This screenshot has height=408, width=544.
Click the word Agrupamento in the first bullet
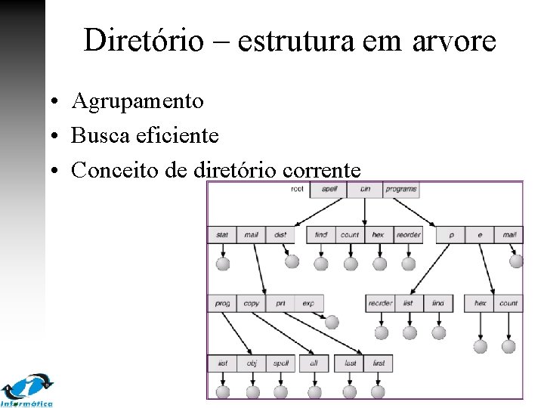click(137, 100)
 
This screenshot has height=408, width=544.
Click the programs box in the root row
click(401, 189)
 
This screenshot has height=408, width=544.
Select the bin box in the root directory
click(365, 189)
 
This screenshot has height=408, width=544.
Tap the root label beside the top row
click(297, 189)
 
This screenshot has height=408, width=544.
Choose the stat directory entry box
click(222, 235)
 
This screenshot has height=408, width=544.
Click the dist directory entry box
click(280, 235)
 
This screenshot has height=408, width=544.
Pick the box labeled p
click(451, 235)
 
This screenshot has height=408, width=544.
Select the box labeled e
click(480, 235)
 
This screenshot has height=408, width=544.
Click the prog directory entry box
click(222, 304)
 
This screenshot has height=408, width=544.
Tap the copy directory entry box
click(252, 304)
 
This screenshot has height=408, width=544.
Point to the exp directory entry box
click(308, 304)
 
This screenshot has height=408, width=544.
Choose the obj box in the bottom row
click(252, 363)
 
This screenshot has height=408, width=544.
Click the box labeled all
click(314, 363)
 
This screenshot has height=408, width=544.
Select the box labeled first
click(379, 363)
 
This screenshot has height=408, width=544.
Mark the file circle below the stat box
click(222, 264)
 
